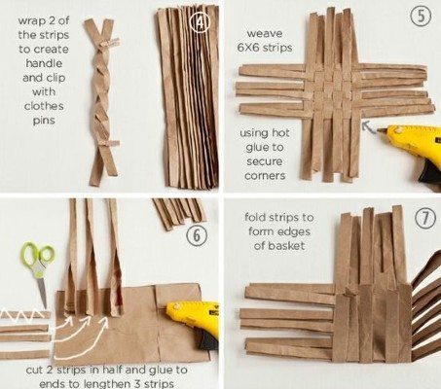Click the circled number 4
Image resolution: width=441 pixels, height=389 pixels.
200,22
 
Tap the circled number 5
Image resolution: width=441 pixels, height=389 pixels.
421,17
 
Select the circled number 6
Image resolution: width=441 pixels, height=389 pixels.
197,235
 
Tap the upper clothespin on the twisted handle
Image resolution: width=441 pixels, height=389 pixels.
110,43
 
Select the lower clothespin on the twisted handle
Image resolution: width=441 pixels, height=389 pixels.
109,143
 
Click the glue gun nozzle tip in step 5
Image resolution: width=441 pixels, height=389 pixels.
379,130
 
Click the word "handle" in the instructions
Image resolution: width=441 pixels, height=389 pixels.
44,63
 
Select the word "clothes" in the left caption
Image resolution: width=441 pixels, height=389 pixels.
44,106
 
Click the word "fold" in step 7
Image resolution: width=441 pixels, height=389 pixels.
256,217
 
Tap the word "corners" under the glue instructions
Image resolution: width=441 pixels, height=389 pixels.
265,176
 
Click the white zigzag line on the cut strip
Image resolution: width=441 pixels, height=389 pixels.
22,313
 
